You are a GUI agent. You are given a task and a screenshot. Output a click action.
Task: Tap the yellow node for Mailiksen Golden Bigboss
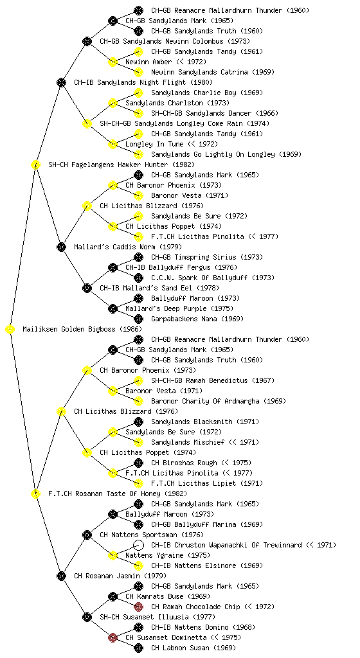10,329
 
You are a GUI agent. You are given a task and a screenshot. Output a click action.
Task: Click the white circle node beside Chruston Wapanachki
138,545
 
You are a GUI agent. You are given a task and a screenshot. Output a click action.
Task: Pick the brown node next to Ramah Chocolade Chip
138,607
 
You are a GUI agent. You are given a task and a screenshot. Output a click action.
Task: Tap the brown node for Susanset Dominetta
113,637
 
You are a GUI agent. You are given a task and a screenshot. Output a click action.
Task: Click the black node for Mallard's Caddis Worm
61,247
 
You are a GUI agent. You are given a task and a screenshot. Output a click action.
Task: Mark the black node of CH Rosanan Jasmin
61,576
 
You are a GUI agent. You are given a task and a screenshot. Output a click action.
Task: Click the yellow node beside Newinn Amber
113,62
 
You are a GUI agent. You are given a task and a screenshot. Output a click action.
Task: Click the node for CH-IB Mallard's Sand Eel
87,288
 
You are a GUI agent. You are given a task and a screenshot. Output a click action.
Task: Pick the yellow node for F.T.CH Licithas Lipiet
138,483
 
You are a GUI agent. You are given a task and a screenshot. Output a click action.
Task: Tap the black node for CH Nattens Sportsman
87,535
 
